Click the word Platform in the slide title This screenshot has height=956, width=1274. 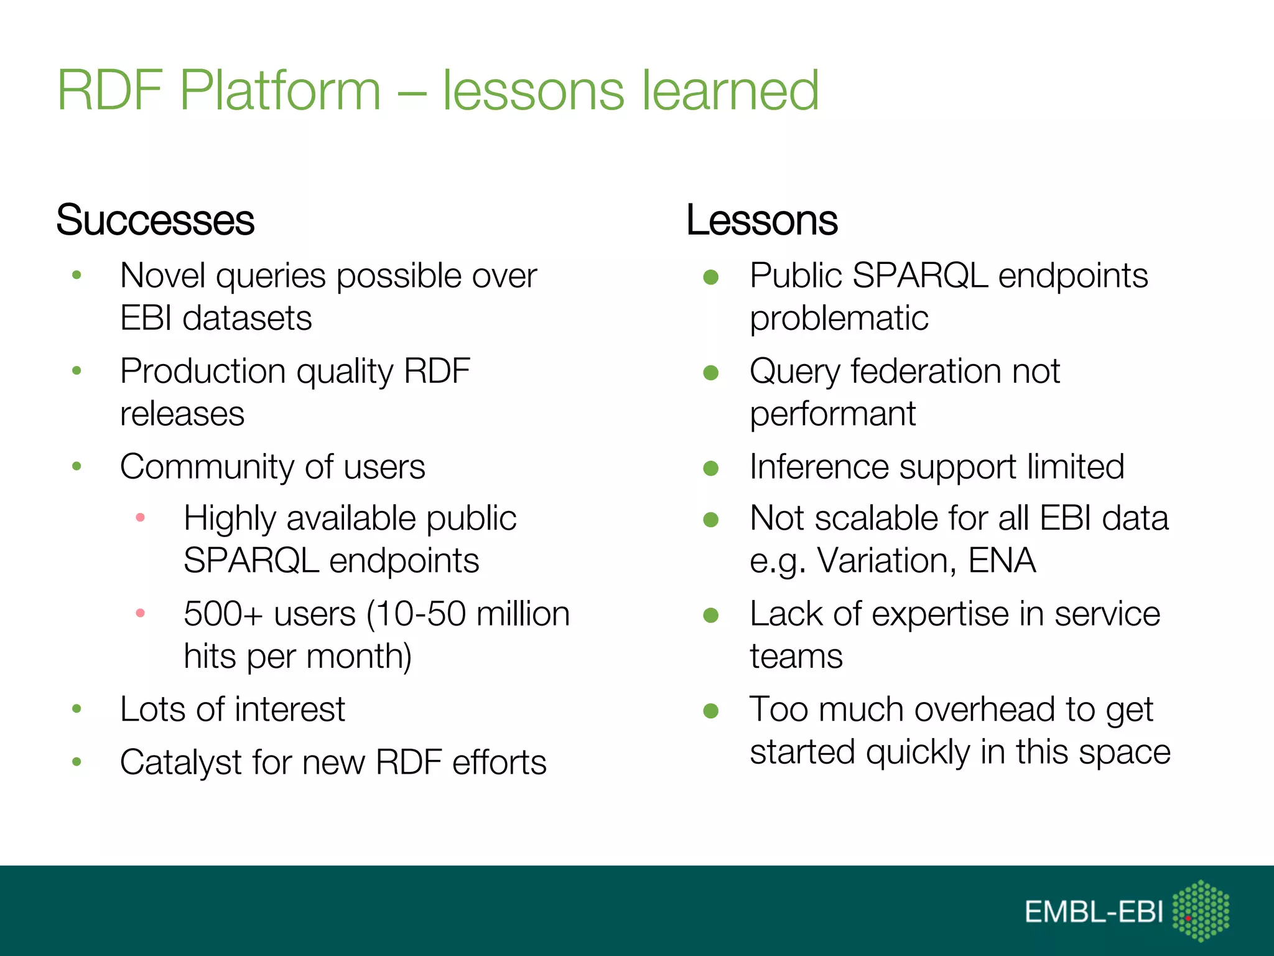pos(280,91)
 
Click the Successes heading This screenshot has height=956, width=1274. pos(155,220)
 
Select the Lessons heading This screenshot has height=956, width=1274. pos(761,220)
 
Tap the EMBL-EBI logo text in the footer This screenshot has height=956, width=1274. pos(1094,912)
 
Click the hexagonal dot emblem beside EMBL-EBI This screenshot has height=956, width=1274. pos(1201,910)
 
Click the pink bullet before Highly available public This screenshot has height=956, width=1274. pos(141,517)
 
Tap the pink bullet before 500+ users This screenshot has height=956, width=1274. pos(141,613)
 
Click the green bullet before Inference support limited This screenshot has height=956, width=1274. pos(710,467)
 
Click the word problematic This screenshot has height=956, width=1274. pos(839,319)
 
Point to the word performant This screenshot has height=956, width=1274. pos(832,414)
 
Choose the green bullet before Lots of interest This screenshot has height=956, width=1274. pos(77,708)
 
